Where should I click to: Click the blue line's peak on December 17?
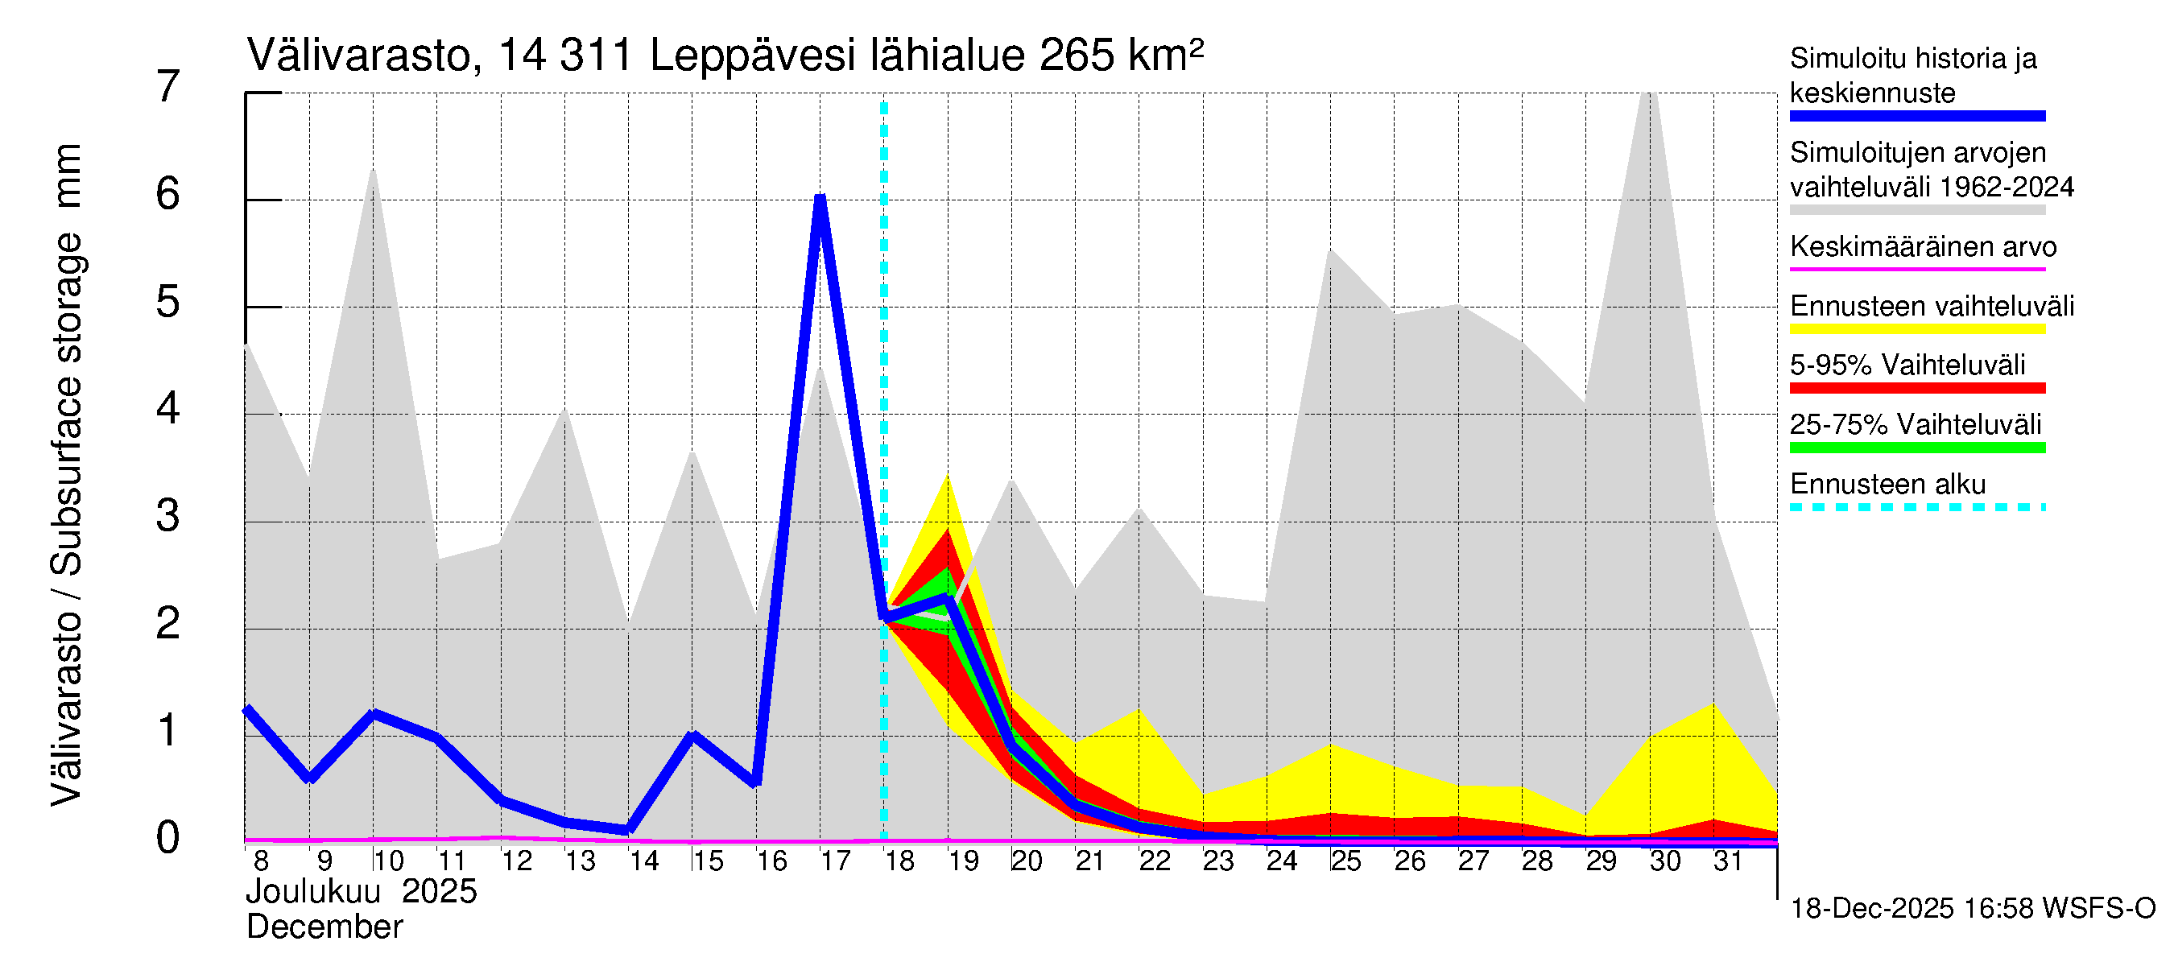tap(820, 199)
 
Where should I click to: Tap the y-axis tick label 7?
tap(168, 87)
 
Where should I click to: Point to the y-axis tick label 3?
tap(168, 516)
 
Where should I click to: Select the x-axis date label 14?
tap(644, 861)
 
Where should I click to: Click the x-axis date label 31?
tap(1728, 861)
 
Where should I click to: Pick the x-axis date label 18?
tap(899, 861)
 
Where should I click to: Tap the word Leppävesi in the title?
tap(753, 56)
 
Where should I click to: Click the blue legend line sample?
tap(1916, 117)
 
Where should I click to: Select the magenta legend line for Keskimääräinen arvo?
tap(1916, 269)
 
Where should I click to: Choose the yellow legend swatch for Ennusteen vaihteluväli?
tap(1916, 329)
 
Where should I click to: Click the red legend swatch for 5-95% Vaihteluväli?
tap(1916, 388)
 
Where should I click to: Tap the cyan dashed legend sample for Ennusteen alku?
tap(1916, 507)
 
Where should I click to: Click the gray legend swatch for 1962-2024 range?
tap(1916, 210)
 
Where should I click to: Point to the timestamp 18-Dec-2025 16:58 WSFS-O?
tap(1972, 909)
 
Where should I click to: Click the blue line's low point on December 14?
tap(628, 830)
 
